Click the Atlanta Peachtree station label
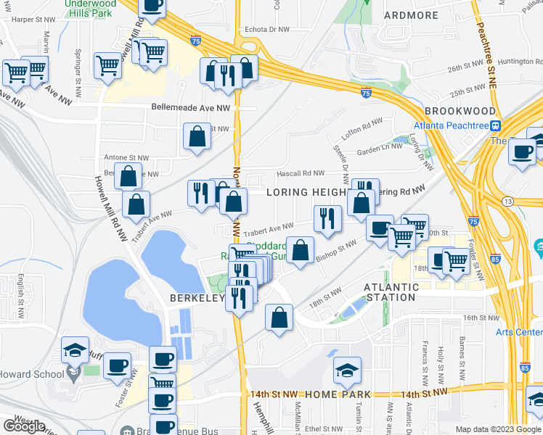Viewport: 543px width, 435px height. pos(449,124)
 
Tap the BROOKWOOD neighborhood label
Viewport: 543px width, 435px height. pos(460,111)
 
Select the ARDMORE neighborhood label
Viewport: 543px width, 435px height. pos(411,15)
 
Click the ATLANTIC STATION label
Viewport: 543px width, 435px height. pos(391,291)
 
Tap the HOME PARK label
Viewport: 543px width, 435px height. pos(338,394)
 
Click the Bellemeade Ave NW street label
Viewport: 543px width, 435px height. pos(191,107)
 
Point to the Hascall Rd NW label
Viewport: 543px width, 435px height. pos(299,173)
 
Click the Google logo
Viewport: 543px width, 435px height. pos(24,426)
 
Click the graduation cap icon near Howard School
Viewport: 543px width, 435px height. pos(75,350)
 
